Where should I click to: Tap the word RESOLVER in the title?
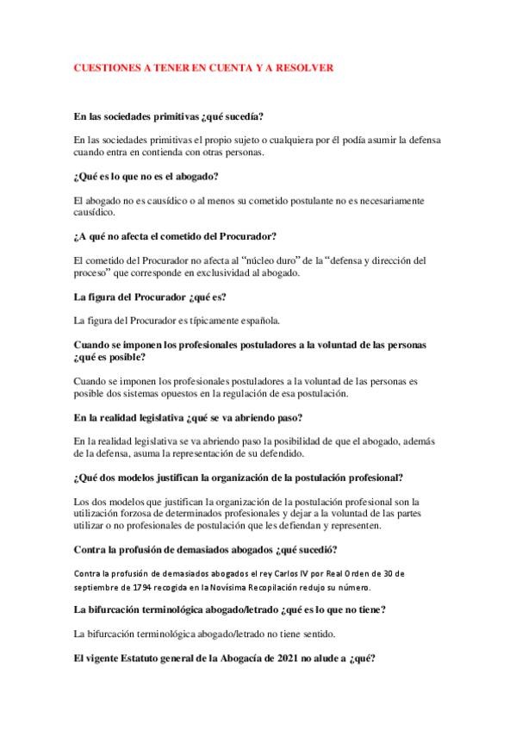pos(306,66)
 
